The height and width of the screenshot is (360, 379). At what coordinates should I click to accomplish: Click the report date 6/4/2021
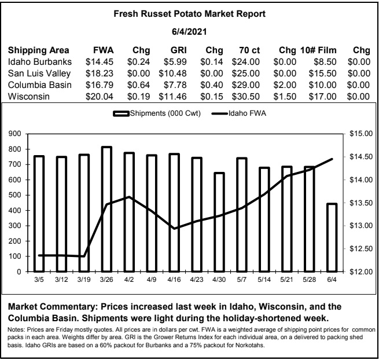click(x=189, y=32)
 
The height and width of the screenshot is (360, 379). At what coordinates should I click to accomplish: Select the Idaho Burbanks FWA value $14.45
click(x=100, y=62)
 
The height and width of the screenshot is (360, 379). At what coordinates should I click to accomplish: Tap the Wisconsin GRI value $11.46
click(x=172, y=97)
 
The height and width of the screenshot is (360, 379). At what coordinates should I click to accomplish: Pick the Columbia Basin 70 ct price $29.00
click(x=245, y=85)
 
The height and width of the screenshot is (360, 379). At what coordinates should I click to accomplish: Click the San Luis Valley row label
click(x=39, y=74)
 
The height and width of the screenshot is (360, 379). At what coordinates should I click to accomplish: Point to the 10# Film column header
click(x=318, y=50)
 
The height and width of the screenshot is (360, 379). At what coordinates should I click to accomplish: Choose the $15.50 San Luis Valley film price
click(x=322, y=74)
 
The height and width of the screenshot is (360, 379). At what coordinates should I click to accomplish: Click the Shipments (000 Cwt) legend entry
click(x=157, y=113)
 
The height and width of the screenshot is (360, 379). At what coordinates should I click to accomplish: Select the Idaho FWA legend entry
click(x=239, y=113)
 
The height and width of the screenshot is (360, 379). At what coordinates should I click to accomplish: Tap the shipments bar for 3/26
click(x=106, y=209)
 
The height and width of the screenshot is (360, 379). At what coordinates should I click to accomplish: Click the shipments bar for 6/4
click(x=332, y=238)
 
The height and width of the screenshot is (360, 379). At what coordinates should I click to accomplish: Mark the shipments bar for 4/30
click(x=219, y=222)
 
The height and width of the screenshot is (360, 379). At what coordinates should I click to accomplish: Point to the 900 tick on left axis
click(x=14, y=134)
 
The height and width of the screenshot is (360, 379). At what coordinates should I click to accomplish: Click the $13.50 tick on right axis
click(x=361, y=203)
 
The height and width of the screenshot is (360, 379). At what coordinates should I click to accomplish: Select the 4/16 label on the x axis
click(x=174, y=280)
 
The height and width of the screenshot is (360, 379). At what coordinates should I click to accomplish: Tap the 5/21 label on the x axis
click(x=286, y=280)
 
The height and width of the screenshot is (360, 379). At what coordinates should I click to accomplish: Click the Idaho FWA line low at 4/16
click(x=174, y=229)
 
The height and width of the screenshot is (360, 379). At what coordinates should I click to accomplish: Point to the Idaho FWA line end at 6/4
click(x=332, y=159)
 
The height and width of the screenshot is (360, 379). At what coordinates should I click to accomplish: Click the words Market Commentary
click(x=53, y=307)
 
